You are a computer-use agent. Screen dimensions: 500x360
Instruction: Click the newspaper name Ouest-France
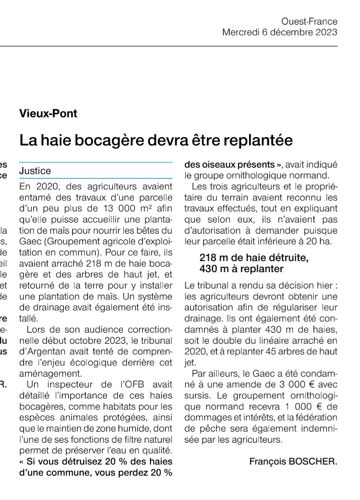pos(309,21)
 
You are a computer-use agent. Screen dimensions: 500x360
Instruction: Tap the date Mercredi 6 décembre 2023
pos(280,32)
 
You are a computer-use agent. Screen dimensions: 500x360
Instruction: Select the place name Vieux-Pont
pos(48,113)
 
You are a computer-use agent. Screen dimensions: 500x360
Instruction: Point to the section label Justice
pos(35,171)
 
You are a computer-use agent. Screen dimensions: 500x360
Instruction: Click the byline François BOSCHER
pos(293,461)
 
